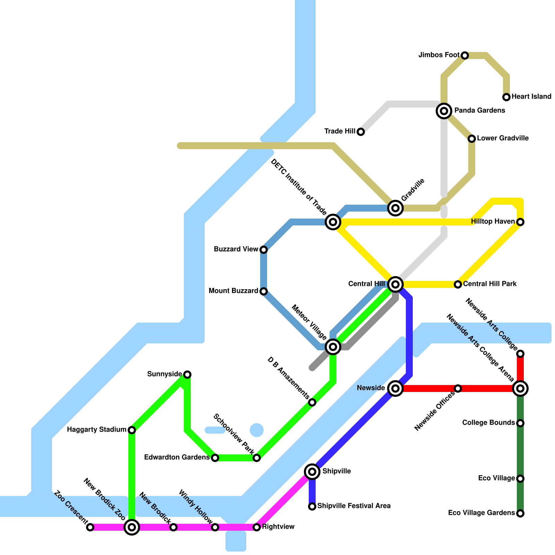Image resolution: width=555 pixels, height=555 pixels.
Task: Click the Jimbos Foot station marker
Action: tap(465, 55)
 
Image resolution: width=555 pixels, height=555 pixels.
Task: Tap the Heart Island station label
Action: tap(531, 96)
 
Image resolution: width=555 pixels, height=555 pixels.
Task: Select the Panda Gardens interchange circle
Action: tap(444, 111)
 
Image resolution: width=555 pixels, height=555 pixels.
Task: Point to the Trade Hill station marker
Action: tap(361, 132)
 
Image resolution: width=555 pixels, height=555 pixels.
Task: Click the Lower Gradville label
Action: tap(503, 138)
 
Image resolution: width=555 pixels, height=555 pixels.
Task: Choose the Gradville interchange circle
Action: tap(395, 208)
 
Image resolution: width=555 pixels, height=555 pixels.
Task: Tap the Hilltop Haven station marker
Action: tap(520, 222)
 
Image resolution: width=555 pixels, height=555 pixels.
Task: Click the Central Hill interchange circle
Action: tap(395, 284)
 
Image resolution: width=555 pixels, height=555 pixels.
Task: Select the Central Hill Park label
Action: tap(490, 284)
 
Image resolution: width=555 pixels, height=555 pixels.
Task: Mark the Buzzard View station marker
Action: tap(264, 250)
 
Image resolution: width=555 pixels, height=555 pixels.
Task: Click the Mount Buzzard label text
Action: tap(233, 291)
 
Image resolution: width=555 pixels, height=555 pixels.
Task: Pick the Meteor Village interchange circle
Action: tap(333, 347)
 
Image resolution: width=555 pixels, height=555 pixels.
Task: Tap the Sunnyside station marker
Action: tap(187, 375)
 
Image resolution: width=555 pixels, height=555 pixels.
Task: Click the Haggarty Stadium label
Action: tap(96, 429)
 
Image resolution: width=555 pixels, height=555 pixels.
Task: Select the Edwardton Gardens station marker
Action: tap(215, 458)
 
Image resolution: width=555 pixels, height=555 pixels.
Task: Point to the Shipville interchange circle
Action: tap(312, 472)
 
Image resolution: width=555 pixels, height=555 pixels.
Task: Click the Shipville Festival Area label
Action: tap(354, 506)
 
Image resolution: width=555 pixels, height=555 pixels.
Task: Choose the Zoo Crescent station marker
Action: tap(90, 527)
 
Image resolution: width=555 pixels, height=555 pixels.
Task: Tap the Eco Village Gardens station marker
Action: tap(520, 513)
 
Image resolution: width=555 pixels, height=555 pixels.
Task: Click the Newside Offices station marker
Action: tap(458, 388)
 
